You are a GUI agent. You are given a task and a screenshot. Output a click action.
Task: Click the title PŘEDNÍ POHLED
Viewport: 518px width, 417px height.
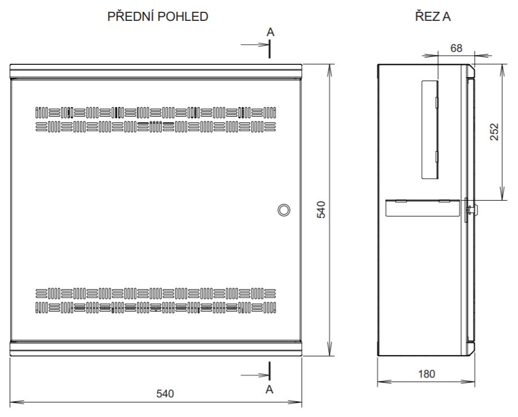point(158,17)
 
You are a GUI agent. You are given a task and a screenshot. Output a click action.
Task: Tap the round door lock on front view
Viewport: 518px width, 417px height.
point(284,210)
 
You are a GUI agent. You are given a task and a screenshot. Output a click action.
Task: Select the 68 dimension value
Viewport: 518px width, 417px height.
point(456,48)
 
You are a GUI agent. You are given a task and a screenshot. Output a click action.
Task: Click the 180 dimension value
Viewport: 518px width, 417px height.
point(426,374)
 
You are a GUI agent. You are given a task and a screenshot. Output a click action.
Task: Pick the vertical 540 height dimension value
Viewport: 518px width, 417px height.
point(321,210)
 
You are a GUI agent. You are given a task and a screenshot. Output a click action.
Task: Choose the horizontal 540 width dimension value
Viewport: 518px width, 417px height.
point(164,393)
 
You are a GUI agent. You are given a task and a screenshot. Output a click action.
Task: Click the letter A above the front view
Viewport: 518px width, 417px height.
point(270,33)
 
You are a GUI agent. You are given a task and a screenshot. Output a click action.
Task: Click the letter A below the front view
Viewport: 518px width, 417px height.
point(270,389)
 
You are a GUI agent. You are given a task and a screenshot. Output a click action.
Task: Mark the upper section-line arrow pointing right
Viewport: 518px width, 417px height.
point(253,44)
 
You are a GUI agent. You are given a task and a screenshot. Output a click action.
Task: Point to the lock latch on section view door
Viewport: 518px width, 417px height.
point(472,210)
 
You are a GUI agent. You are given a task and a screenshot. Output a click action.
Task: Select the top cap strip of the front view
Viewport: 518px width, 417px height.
point(157,70)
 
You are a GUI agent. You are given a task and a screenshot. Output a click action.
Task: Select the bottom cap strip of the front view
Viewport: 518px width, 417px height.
point(157,348)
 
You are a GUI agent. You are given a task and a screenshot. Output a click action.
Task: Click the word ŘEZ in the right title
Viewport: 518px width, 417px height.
point(423,17)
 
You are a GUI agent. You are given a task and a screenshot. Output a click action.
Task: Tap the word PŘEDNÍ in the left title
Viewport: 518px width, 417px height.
point(130,17)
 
